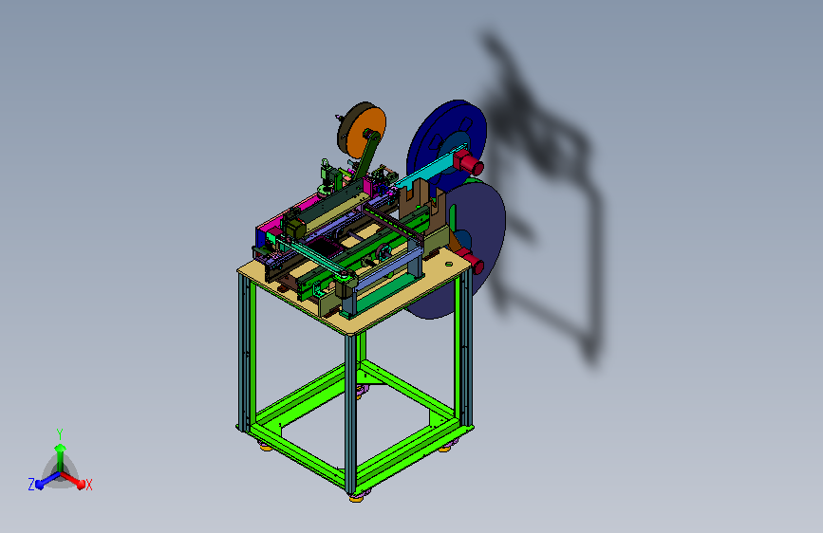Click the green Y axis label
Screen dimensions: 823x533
tap(60, 433)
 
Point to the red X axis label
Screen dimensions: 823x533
tap(88, 485)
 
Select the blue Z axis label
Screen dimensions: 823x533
tap(31, 485)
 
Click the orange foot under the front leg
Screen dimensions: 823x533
tap(356, 498)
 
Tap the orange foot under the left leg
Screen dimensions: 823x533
tap(266, 448)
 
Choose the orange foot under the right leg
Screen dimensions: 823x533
tap(444, 449)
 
